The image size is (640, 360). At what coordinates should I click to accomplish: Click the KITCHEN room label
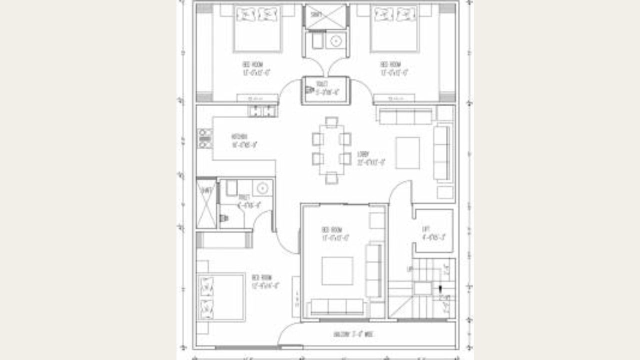point(239,136)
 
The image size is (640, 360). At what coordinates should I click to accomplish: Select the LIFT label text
point(426,229)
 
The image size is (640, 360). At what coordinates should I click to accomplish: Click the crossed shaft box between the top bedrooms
point(325,16)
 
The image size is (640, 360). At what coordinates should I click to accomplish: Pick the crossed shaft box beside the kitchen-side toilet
point(206,203)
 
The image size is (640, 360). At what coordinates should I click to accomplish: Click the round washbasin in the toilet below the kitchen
point(262,188)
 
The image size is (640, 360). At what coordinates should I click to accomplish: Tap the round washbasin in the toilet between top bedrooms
point(336,40)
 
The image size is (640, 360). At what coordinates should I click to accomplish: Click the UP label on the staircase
point(410,269)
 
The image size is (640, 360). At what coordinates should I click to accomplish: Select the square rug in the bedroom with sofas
point(337,270)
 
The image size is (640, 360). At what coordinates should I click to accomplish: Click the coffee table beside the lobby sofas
point(408,152)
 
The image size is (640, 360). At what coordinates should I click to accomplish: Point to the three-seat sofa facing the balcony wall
point(337,306)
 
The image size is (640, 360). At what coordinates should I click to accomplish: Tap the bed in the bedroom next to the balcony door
point(221,297)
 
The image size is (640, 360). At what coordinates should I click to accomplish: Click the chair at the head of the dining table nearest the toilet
point(331,121)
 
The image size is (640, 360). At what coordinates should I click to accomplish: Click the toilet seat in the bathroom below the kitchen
point(224,218)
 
